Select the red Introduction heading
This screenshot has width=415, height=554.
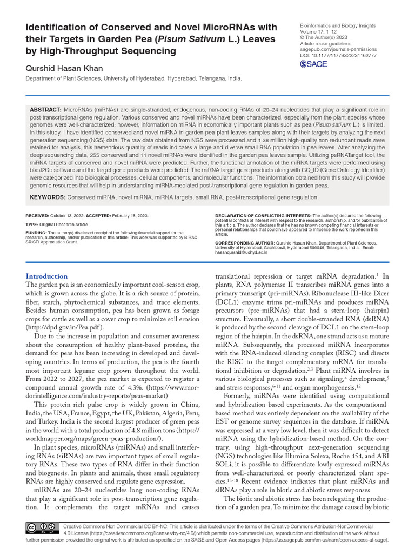click(47, 276)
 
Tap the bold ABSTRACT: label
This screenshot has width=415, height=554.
click(46, 109)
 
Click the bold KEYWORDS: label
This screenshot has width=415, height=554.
click(47, 197)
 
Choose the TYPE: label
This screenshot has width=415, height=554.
click(33, 223)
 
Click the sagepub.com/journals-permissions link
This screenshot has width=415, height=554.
click(338, 49)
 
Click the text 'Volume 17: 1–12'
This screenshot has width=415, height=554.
click(320, 32)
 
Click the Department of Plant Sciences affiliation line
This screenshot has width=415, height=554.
click(133, 78)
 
